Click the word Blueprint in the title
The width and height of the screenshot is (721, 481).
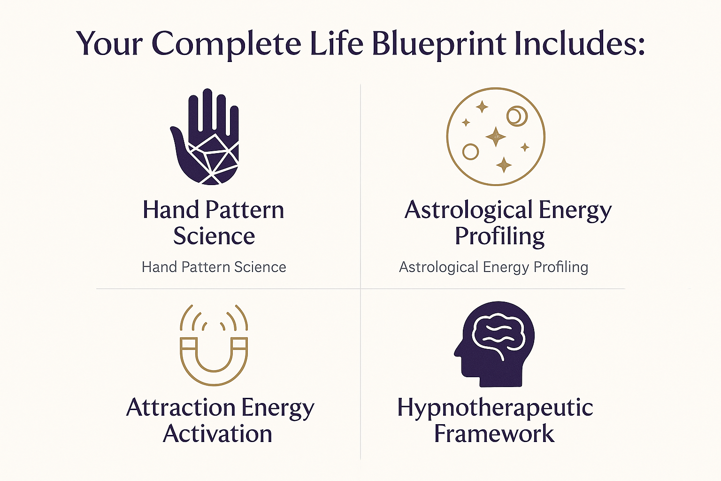pos(439,44)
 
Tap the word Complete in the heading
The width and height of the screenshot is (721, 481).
pos(226,44)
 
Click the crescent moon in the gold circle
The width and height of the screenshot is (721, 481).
pos(517,116)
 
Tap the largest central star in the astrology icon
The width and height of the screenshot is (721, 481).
pos(496,137)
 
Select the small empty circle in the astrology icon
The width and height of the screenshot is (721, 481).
pos(470,152)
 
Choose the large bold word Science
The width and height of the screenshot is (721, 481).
pos(214,236)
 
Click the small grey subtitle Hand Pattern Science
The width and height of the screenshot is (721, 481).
pos(214,267)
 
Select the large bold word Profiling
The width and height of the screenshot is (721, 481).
pos(499,236)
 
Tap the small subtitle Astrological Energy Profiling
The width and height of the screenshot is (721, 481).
pos(493,267)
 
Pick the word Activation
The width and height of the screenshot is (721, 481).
pos(217,434)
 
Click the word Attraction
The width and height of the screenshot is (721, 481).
pos(181,407)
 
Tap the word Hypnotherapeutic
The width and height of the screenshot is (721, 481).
pos(495,407)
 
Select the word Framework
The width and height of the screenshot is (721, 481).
pos(494,434)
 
